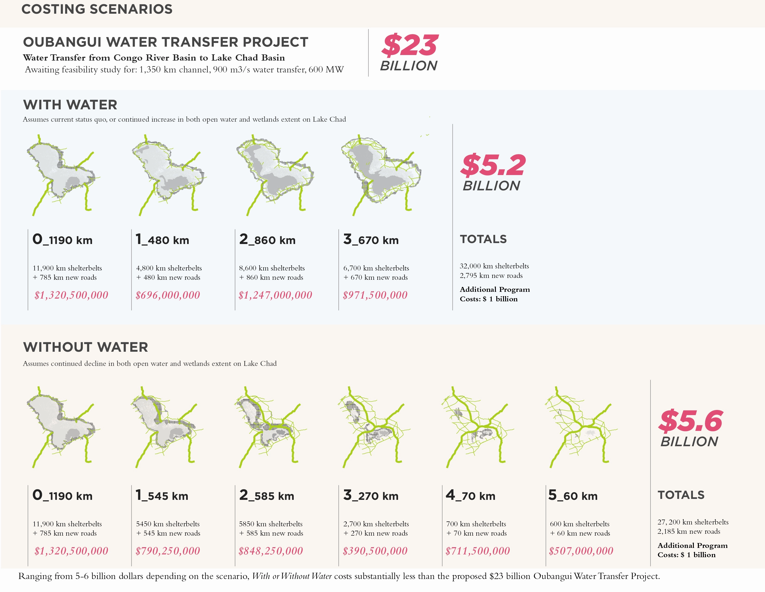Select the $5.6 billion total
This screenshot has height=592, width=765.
690,428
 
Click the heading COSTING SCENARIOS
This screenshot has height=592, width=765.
97,9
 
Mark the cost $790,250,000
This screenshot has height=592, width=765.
168,551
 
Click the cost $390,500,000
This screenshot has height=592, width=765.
375,551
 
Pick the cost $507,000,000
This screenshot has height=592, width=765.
581,551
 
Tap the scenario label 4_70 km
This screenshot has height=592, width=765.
470,495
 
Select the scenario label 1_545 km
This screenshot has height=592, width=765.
162,495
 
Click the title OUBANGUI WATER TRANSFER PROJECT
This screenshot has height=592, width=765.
166,42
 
